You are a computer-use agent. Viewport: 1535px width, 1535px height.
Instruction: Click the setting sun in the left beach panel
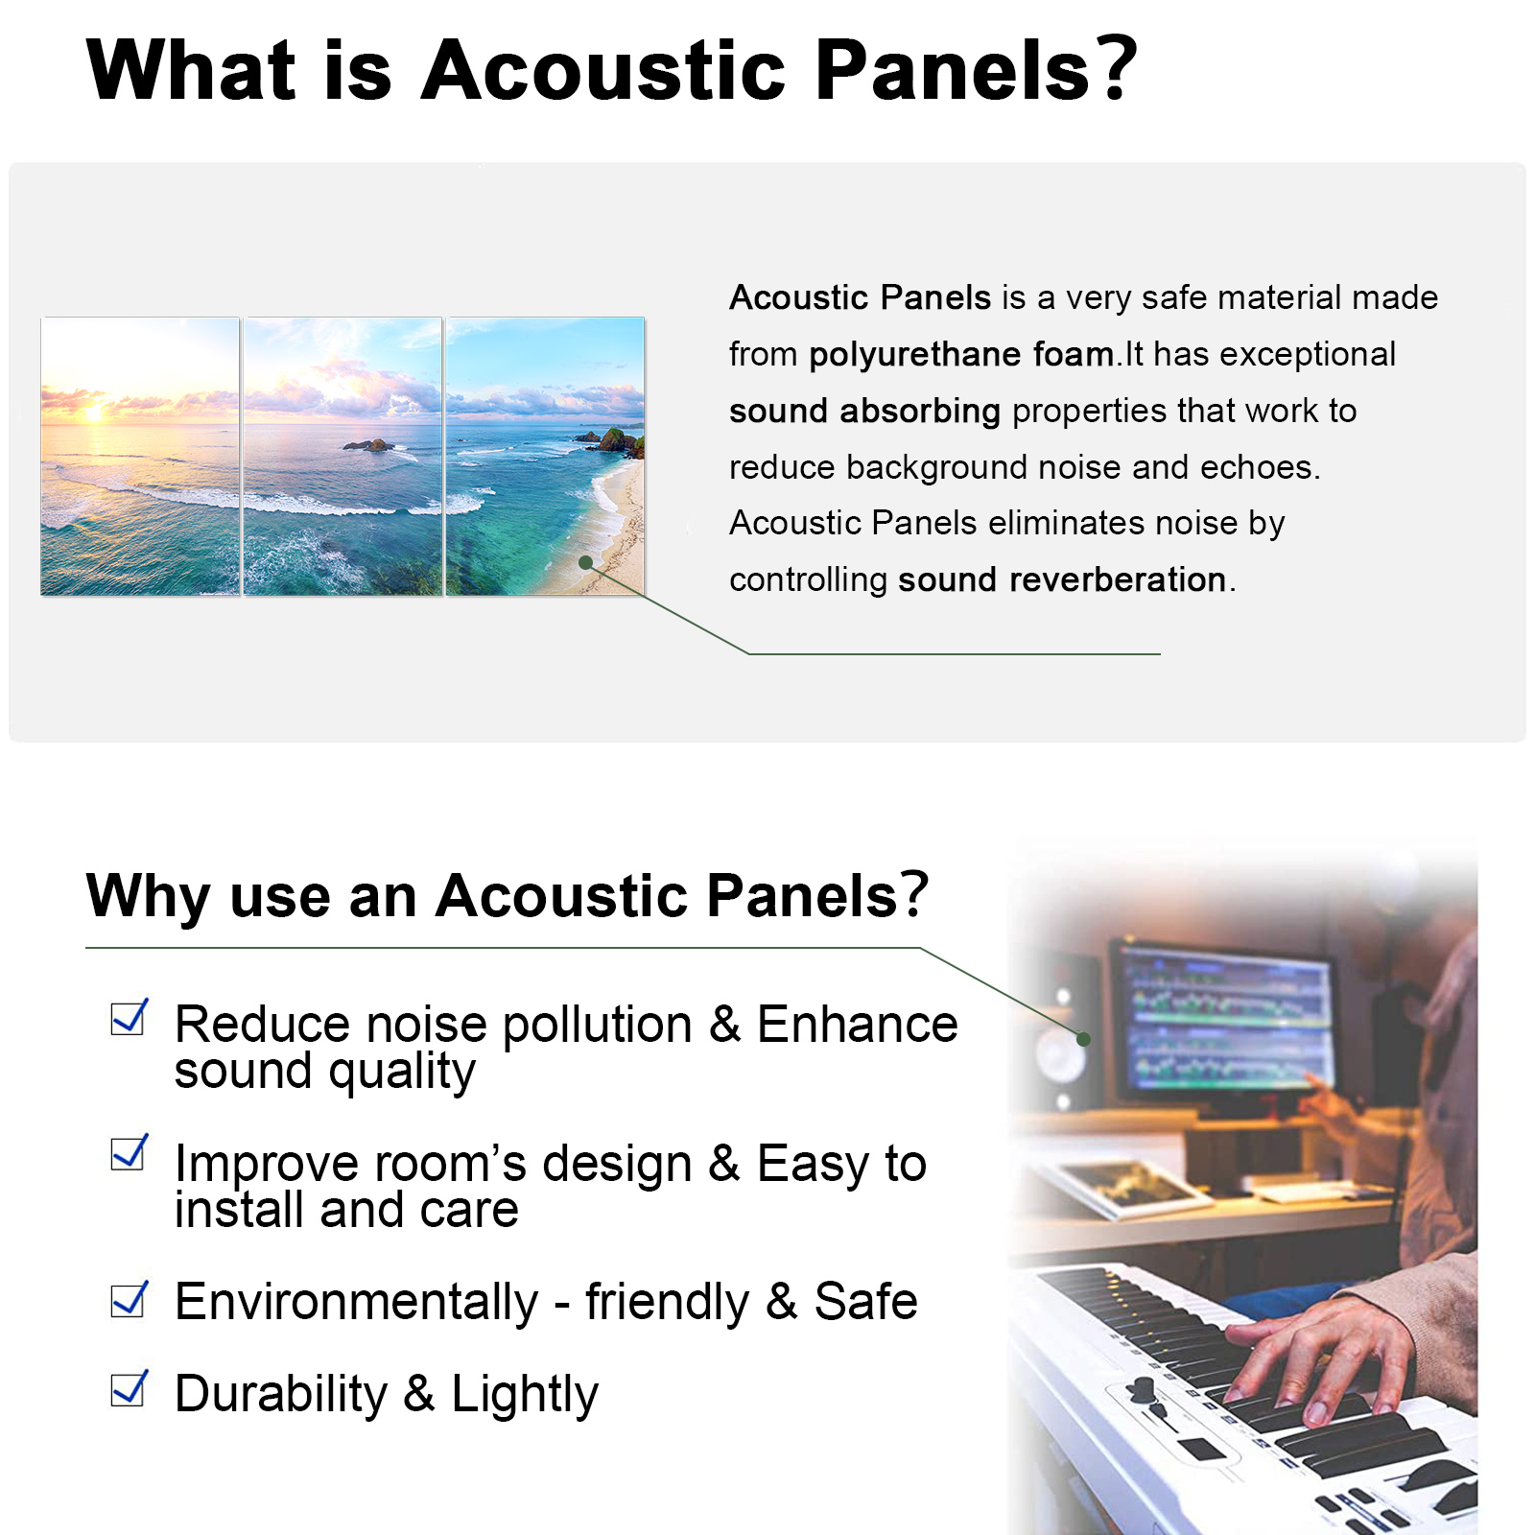click(94, 413)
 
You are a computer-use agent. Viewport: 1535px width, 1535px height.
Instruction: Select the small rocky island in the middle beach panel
click(369, 444)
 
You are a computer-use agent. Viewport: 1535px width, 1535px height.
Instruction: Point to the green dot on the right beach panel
click(586, 563)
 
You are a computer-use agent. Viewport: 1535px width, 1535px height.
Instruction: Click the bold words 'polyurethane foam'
click(961, 356)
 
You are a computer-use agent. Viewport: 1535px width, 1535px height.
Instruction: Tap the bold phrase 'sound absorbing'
click(864, 412)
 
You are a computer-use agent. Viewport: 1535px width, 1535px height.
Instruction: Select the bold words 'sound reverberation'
click(1062, 580)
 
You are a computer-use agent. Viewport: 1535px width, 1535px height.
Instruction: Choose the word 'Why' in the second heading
click(148, 898)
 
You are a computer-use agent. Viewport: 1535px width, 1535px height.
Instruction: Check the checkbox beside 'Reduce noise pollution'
click(129, 1017)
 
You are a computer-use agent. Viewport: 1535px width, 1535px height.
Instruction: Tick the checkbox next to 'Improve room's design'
click(129, 1152)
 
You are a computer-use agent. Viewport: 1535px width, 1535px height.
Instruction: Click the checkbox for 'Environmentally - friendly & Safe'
click(129, 1299)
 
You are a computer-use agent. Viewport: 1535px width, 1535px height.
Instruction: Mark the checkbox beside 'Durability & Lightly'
click(129, 1388)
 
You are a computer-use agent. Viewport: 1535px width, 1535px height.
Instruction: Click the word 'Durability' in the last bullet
click(281, 1395)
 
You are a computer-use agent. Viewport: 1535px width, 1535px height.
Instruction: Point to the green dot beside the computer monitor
click(1083, 1039)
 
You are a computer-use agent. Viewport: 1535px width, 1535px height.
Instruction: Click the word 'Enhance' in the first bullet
click(858, 1025)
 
